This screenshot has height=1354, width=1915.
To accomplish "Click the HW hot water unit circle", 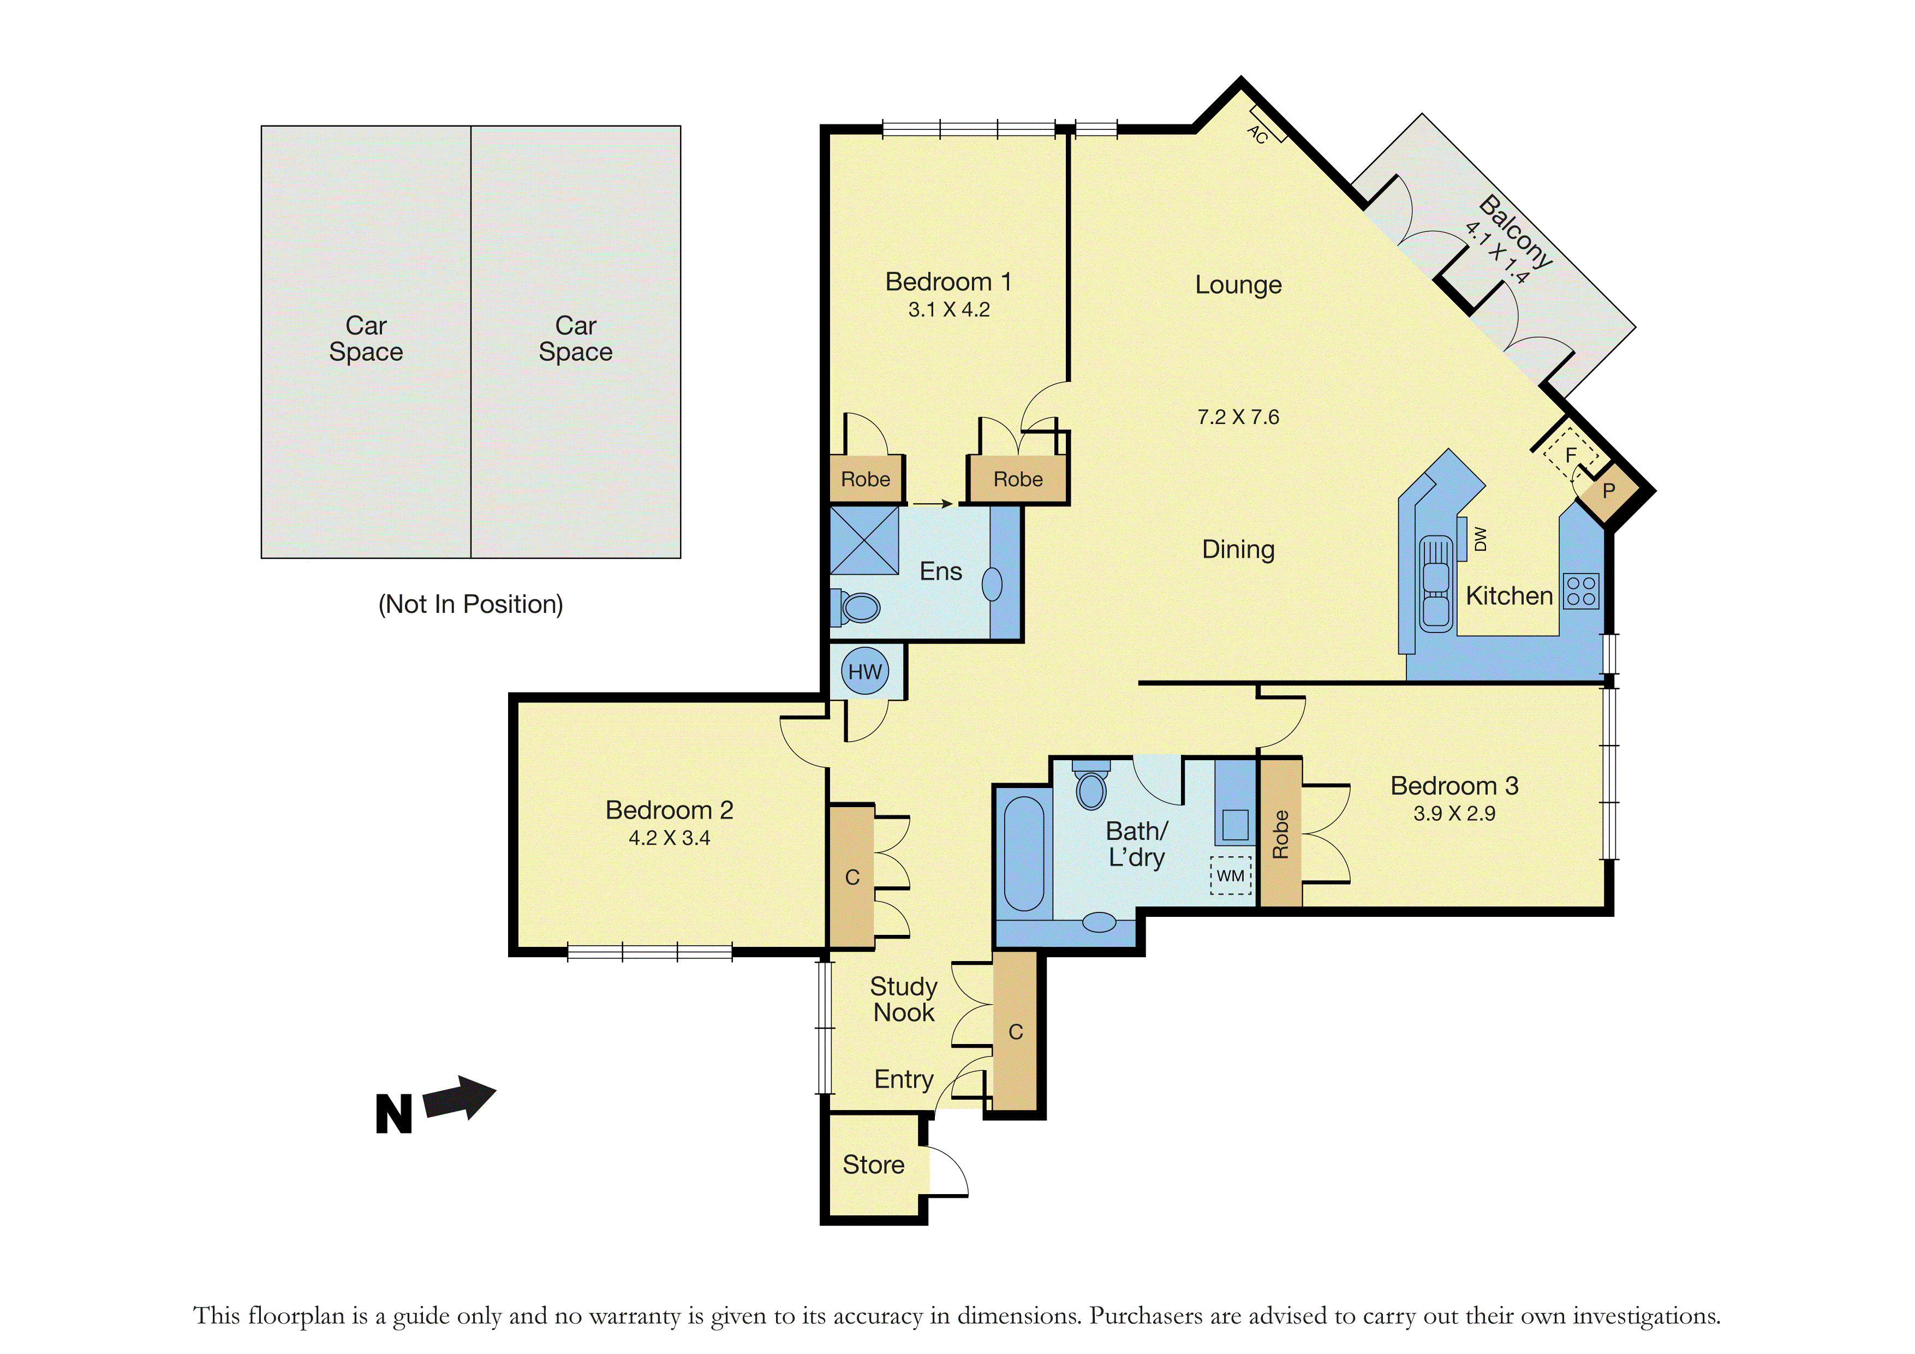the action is click(865, 672).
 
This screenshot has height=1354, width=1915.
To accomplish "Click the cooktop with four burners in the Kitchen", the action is click(1580, 590).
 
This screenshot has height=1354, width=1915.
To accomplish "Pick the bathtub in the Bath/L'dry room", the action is click(1023, 854).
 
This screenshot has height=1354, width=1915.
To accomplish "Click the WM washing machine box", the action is click(1231, 876).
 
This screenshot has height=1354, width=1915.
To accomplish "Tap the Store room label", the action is click(873, 1165).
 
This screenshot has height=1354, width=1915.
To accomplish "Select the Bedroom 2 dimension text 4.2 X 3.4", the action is click(669, 838).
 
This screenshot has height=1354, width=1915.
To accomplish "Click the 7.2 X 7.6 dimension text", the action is click(1238, 417).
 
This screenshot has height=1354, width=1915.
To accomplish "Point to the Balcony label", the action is click(1516, 231).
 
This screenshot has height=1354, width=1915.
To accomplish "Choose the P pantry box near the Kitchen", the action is click(1609, 491).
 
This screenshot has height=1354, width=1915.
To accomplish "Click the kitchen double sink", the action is click(1435, 584).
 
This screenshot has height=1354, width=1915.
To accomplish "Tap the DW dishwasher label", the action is click(1481, 539).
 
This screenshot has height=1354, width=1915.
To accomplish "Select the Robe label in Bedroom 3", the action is click(1280, 834).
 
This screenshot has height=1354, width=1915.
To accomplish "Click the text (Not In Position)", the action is click(470, 604).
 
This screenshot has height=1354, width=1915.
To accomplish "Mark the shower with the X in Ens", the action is click(864, 541).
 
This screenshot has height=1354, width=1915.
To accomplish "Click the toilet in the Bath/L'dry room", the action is click(1091, 785).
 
